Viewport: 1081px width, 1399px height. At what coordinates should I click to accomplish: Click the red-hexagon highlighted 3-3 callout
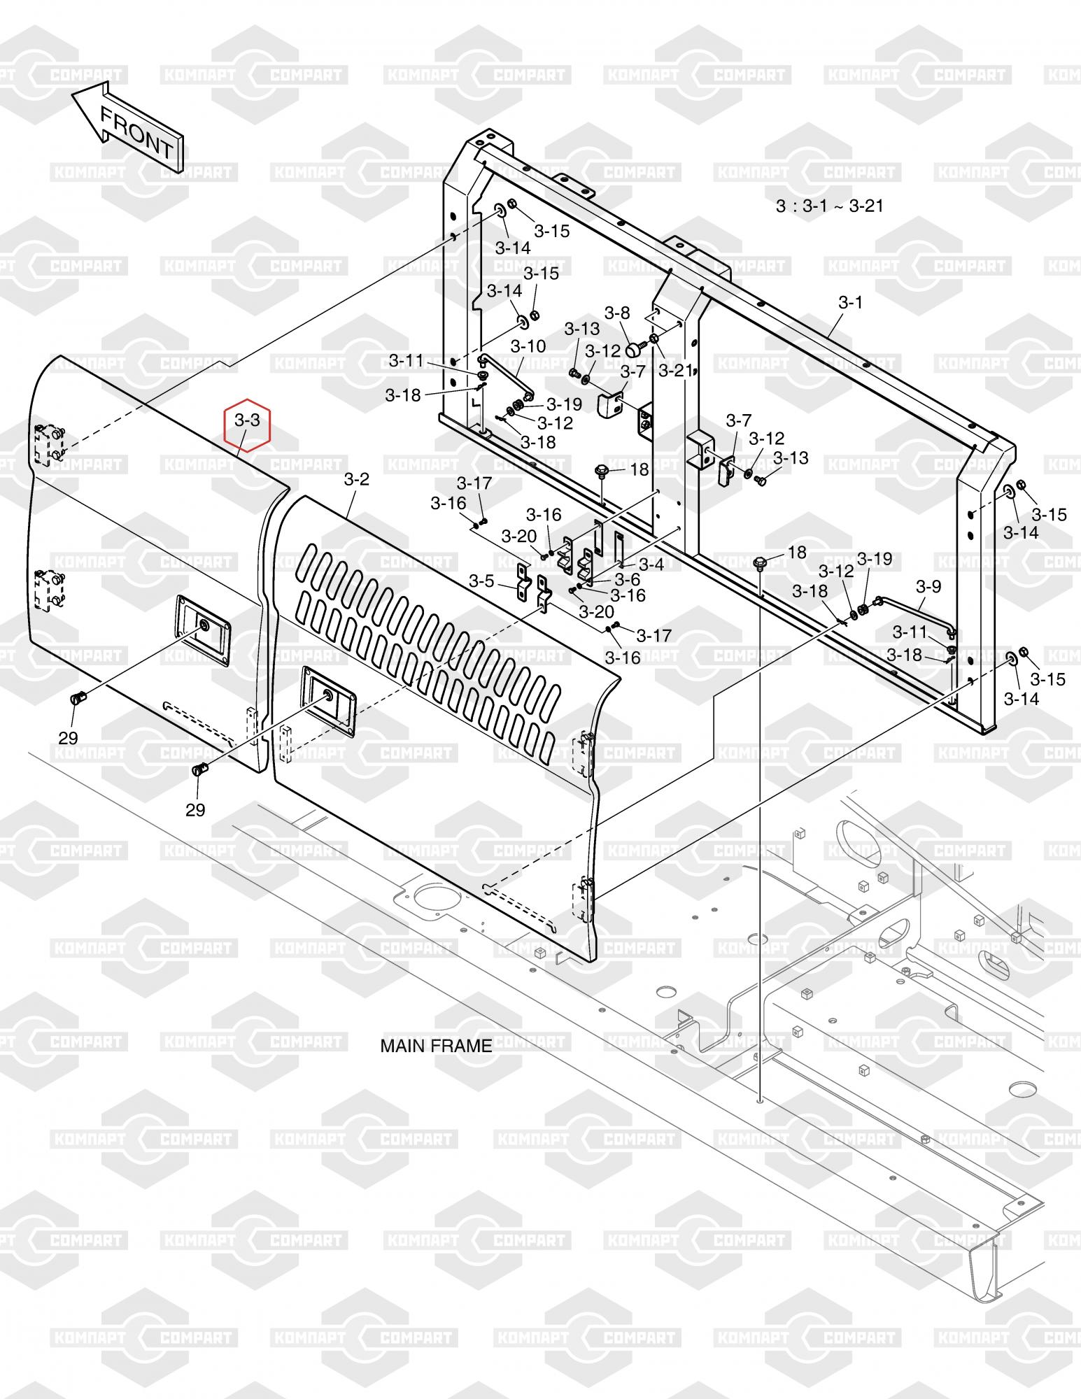click(247, 420)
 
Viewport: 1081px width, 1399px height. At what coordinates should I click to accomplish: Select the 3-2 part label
click(356, 479)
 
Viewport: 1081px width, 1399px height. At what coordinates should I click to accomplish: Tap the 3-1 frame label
click(850, 302)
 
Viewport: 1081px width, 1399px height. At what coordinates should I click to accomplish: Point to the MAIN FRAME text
click(436, 1046)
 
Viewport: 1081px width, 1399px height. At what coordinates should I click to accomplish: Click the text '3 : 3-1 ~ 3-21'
click(829, 206)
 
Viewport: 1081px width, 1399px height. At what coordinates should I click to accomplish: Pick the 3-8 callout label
click(617, 313)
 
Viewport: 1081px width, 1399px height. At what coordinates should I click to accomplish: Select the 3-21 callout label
click(675, 370)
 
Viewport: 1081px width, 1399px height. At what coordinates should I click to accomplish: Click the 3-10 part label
click(528, 346)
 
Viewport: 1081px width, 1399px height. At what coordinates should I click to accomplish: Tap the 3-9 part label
click(928, 585)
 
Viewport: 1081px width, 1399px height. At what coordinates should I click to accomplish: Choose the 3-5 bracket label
click(481, 581)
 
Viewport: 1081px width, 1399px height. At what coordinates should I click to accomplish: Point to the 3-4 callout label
click(651, 563)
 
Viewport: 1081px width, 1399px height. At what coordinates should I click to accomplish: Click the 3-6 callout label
click(628, 579)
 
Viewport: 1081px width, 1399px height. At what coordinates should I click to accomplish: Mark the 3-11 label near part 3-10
click(407, 360)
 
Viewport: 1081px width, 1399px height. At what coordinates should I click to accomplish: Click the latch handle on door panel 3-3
click(202, 628)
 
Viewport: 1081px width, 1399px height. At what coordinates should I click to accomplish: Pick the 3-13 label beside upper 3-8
click(582, 328)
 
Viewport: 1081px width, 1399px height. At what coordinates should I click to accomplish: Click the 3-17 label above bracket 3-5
click(474, 483)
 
